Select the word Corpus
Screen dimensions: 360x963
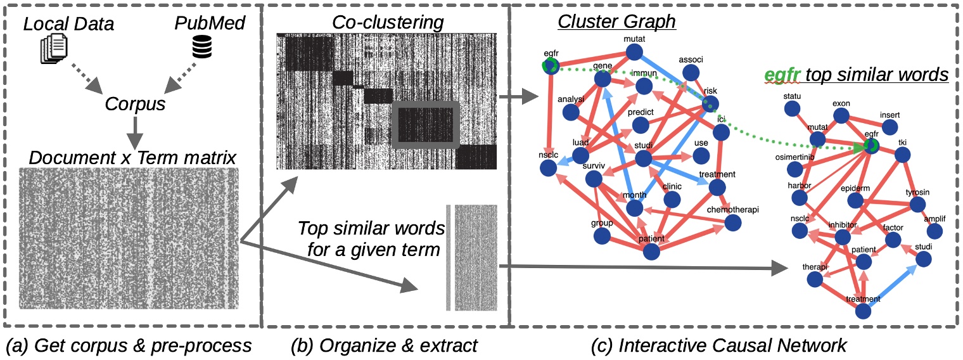pyautogui.click(x=136, y=103)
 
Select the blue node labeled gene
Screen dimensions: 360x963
pyautogui.click(x=602, y=80)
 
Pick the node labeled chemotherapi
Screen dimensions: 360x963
pyautogui.click(x=733, y=222)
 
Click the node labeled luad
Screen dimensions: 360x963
pyautogui.click(x=580, y=155)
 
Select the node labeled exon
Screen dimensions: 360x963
pyautogui.click(x=841, y=115)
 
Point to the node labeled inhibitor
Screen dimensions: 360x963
pyautogui.click(x=843, y=236)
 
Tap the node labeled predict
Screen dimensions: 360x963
pyautogui.click(x=641, y=125)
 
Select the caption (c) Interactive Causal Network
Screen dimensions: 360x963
pyautogui.click(x=731, y=345)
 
